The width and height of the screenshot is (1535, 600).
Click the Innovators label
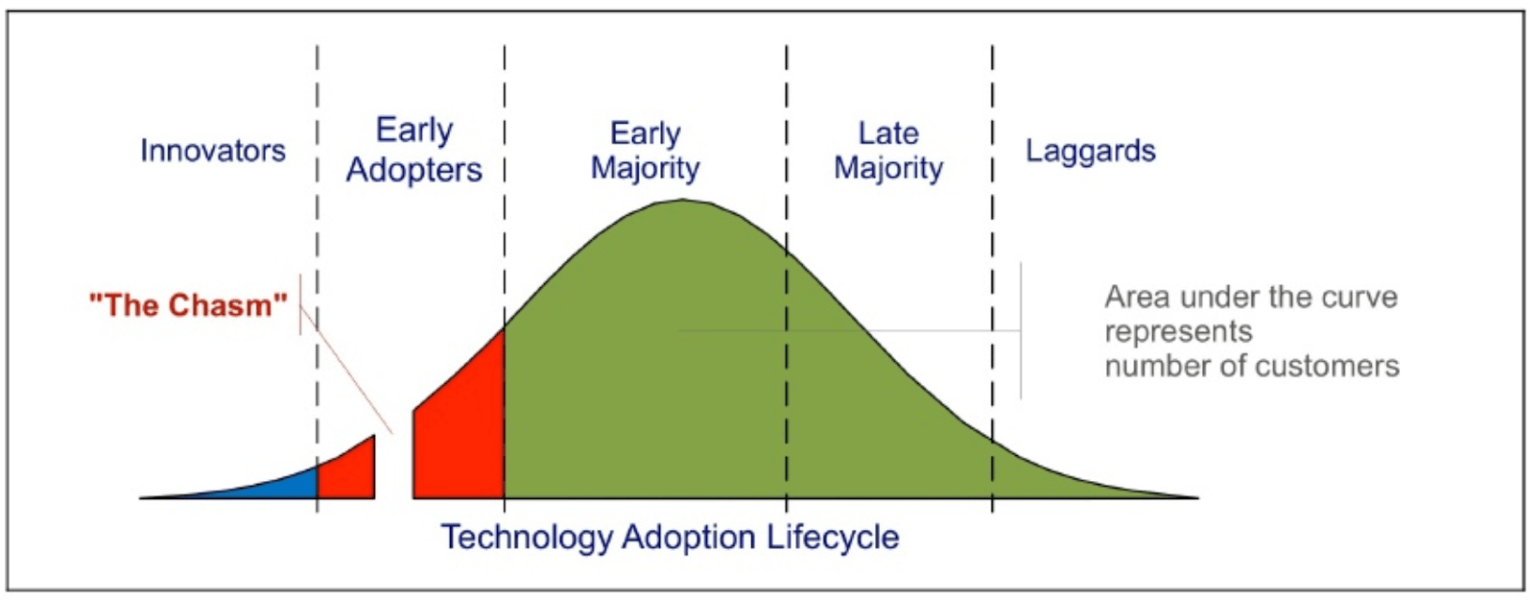212,151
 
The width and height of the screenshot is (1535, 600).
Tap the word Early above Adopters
413,131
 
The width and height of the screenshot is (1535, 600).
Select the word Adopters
413,170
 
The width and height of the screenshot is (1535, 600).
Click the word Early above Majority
645,133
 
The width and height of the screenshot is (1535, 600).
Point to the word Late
887,133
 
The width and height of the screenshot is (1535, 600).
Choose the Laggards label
1090,151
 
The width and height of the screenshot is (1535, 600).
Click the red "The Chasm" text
188,305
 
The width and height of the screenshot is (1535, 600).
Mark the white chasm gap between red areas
393,470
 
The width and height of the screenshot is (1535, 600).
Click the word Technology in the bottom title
527,537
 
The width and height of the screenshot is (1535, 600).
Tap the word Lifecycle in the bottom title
833,537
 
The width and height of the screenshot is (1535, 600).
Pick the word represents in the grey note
1178,332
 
